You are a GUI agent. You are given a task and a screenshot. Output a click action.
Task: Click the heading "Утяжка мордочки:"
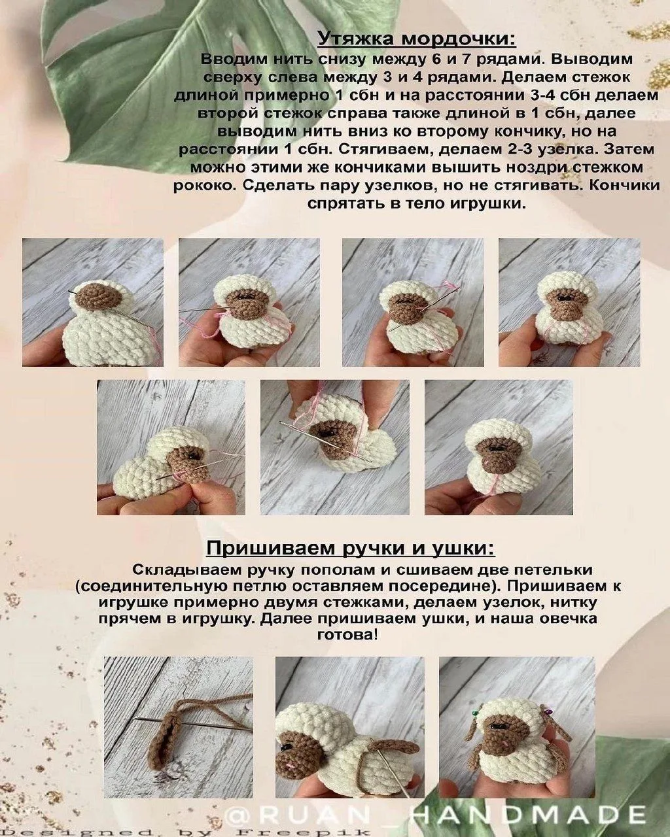417,39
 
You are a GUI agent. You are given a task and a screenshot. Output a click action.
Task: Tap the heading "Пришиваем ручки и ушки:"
351,549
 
